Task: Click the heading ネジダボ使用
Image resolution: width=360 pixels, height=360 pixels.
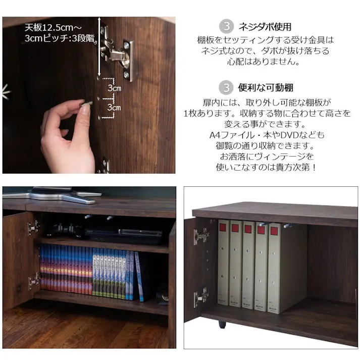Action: click(x=265, y=27)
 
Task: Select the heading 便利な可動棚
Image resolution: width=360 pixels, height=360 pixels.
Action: click(x=266, y=87)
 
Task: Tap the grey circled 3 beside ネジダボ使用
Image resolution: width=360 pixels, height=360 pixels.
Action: click(x=226, y=26)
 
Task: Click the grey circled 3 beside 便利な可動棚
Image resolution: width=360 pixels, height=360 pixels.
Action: click(x=226, y=87)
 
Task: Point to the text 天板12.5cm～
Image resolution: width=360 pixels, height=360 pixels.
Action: click(x=53, y=28)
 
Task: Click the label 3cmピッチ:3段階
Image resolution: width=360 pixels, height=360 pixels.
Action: click(x=60, y=38)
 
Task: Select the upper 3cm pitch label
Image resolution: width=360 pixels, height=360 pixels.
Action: click(x=115, y=88)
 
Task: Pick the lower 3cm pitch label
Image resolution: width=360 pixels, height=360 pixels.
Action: click(x=114, y=108)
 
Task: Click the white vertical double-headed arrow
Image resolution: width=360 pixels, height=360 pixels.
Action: click(x=99, y=46)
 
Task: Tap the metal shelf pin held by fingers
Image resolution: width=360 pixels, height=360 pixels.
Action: click(x=86, y=104)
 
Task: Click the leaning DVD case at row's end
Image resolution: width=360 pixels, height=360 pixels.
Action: click(x=139, y=277)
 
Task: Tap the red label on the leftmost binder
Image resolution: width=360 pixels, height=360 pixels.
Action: click(x=223, y=228)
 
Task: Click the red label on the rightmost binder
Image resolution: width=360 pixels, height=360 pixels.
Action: click(x=274, y=231)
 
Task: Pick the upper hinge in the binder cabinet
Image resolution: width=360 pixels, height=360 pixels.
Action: click(x=201, y=236)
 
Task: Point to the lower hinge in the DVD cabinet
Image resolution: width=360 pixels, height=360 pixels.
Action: click(x=34, y=281)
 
